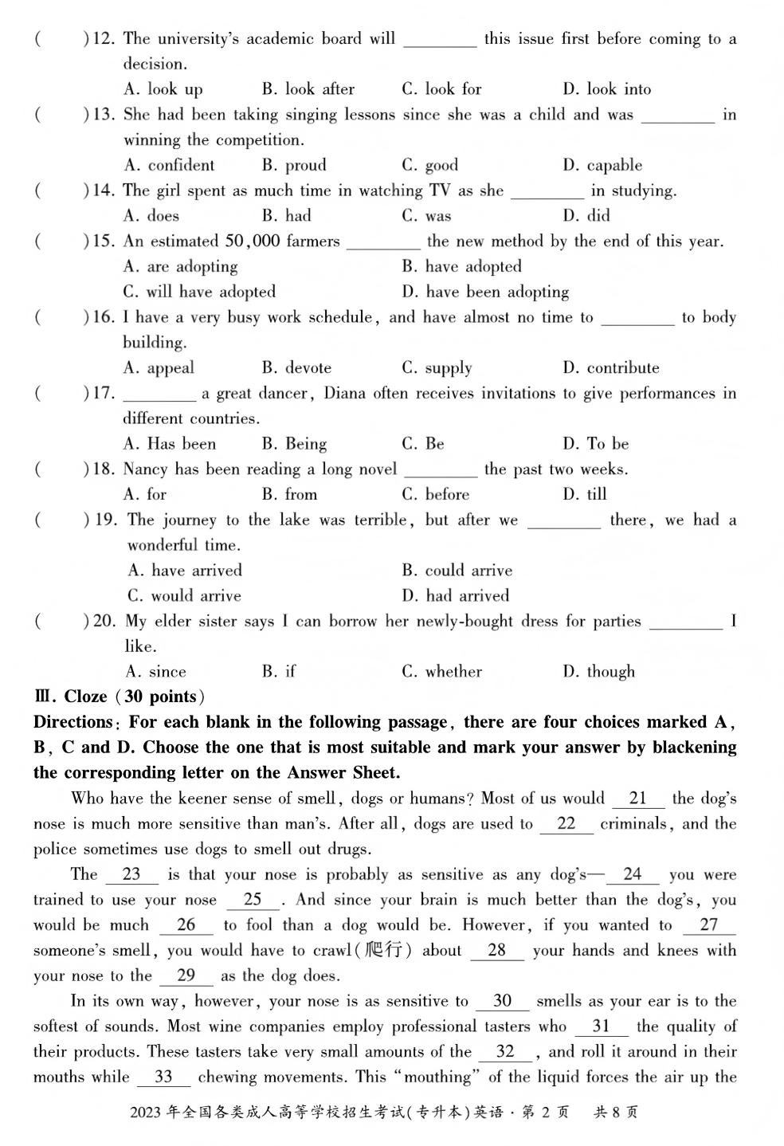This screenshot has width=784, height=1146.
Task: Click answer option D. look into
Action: coord(606,89)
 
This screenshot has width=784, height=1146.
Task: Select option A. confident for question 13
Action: coord(170,166)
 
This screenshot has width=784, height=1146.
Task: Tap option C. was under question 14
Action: coord(426,216)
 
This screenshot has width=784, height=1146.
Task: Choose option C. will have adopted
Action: coord(199,292)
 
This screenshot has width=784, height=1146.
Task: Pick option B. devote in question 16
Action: coord(296,368)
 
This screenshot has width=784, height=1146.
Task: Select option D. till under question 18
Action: coord(585,495)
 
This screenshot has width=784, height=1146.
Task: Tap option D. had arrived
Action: coord(455,596)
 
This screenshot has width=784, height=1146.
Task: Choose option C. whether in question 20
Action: coord(441,672)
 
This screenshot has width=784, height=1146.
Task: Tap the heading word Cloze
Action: coord(85,697)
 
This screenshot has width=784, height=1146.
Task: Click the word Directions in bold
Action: coord(73,723)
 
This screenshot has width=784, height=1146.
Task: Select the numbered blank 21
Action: coord(637,799)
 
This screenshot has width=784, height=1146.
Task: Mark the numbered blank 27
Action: coord(708,925)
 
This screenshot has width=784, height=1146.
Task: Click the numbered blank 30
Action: coord(502,1001)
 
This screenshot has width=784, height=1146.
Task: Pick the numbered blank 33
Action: coord(163,1077)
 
